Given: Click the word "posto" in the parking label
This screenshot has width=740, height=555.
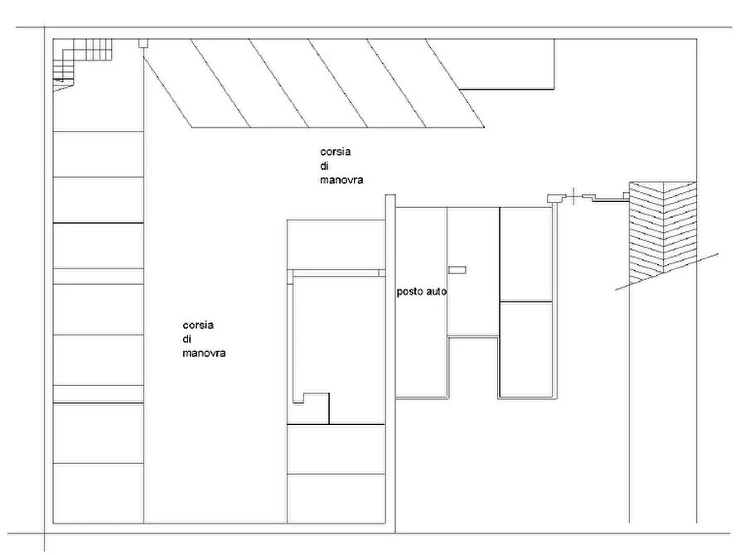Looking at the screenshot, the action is (x=410, y=292).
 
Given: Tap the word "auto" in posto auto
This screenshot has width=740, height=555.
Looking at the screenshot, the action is (x=437, y=292).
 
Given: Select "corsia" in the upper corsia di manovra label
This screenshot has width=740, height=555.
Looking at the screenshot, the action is (x=335, y=152).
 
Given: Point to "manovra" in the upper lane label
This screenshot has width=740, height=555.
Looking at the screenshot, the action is (x=341, y=180).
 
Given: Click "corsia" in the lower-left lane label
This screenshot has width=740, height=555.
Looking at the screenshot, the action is (x=198, y=326).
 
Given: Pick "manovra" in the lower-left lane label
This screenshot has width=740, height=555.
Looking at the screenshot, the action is (x=204, y=353).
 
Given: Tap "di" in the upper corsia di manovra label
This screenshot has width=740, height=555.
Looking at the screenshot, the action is (x=324, y=166).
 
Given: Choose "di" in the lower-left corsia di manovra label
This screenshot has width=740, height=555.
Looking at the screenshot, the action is (x=187, y=339).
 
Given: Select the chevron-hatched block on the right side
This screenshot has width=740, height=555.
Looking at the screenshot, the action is (x=663, y=232).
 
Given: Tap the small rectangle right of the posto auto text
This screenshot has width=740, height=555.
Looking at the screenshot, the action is (x=457, y=270).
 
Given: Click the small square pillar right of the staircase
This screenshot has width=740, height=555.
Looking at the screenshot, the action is (x=143, y=43).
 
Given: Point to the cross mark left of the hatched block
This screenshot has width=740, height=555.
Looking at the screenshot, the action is (x=573, y=195).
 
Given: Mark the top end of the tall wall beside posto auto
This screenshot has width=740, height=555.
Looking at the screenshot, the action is (x=390, y=195).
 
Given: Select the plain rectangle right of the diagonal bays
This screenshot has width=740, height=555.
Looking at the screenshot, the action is (x=506, y=64).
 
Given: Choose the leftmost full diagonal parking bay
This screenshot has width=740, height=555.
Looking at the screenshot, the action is (x=220, y=83).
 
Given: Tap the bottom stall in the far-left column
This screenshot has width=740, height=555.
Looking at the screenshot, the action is (x=98, y=493).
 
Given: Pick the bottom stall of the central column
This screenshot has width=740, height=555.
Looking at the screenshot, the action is (x=336, y=499).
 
